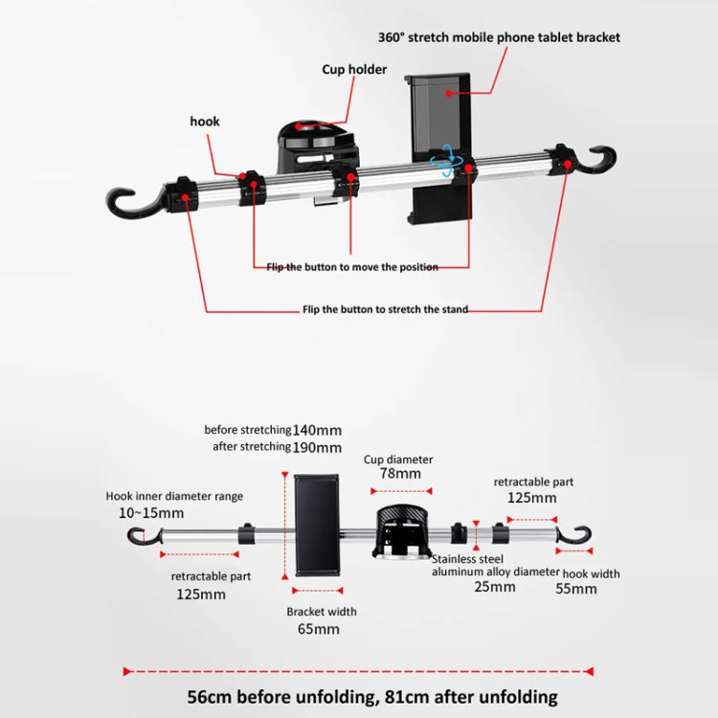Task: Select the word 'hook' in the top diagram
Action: point(205,122)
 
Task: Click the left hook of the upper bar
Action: point(130,200)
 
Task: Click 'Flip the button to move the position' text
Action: point(352,267)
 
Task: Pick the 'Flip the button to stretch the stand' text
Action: point(385,309)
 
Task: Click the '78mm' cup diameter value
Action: point(398,474)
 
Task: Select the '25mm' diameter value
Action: point(495,587)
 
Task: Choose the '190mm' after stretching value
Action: point(317,447)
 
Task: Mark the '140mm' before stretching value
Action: point(317,430)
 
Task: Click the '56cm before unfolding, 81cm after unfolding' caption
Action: point(359,697)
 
